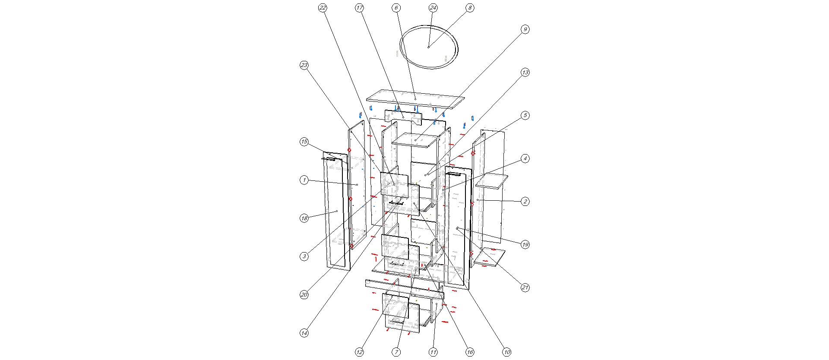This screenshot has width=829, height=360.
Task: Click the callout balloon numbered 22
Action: click(x=323, y=8)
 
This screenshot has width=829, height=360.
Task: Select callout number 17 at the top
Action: click(x=360, y=8)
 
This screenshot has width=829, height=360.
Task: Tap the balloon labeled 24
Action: click(x=433, y=8)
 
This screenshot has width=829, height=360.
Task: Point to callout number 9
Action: click(x=525, y=29)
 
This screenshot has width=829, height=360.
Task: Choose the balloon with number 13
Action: click(x=525, y=73)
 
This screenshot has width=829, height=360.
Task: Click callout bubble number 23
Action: click(x=304, y=65)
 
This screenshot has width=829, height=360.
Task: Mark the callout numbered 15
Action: click(x=304, y=142)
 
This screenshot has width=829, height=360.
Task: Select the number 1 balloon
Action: click(x=304, y=180)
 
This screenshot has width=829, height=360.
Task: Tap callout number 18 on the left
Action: click(x=304, y=218)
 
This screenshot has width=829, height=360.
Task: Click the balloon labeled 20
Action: click(x=304, y=295)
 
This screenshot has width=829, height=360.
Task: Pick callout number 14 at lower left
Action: click(x=304, y=333)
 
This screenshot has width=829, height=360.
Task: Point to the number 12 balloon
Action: click(x=360, y=352)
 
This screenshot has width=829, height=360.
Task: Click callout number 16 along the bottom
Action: click(x=470, y=352)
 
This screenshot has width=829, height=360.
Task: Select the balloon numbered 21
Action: click(x=525, y=287)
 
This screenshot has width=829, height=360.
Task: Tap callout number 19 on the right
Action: click(x=525, y=245)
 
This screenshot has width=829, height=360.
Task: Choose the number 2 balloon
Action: click(x=525, y=202)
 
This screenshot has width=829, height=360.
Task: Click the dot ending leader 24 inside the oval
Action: click(x=428, y=47)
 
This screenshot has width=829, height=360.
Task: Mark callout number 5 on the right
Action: click(x=525, y=115)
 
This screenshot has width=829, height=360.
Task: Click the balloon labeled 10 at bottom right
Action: click(x=506, y=352)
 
